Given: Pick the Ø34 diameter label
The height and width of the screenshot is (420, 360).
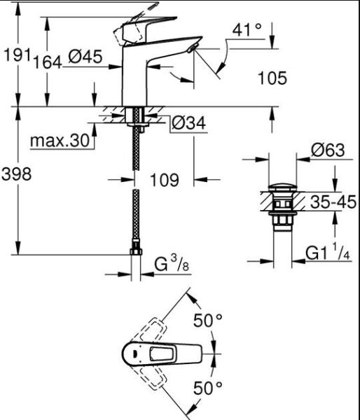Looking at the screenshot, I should tap(188, 124).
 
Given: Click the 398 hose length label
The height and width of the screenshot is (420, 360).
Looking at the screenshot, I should tap(15, 175).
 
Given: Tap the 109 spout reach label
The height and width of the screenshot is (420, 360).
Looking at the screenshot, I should tap(164, 180).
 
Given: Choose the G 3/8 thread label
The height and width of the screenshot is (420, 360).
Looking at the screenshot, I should tap(171, 265).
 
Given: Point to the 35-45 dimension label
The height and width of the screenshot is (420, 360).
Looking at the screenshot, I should tap(333, 202).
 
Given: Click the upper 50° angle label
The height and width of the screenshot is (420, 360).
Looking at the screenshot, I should tap(207, 321).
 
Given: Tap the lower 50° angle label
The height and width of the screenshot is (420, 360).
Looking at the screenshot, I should tap(207, 386).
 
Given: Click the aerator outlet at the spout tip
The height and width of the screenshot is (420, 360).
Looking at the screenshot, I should tap(192, 47).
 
